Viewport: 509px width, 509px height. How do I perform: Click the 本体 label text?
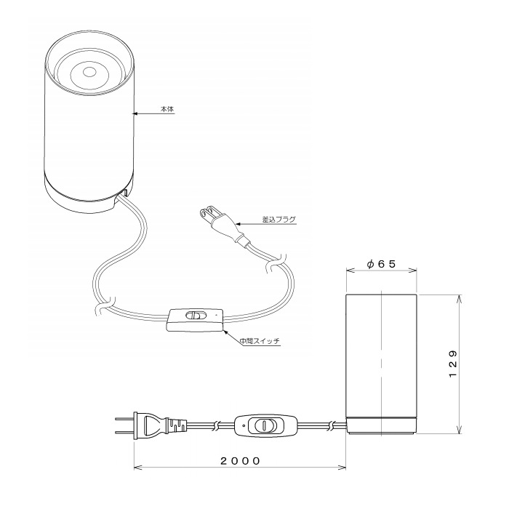tap(167, 109)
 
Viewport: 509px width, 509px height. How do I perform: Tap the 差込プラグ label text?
tap(278, 219)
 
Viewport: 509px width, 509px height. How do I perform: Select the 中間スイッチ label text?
tap(260, 341)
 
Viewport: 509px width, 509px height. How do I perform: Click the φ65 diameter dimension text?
tap(382, 264)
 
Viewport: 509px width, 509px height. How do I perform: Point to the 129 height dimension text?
tap(453, 364)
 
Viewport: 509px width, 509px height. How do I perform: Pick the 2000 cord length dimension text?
tap(240, 460)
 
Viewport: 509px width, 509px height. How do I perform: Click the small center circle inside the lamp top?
tap(89, 72)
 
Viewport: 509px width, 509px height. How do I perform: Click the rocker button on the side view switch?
tap(263, 425)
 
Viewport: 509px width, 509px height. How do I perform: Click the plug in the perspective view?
tap(224, 226)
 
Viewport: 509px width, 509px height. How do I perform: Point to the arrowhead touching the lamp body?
tap(135, 113)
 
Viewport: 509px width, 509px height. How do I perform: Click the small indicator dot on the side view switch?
tap(244, 425)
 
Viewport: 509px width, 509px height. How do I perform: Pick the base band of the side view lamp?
tap(382, 425)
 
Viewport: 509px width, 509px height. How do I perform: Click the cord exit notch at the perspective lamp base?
tap(124, 192)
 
